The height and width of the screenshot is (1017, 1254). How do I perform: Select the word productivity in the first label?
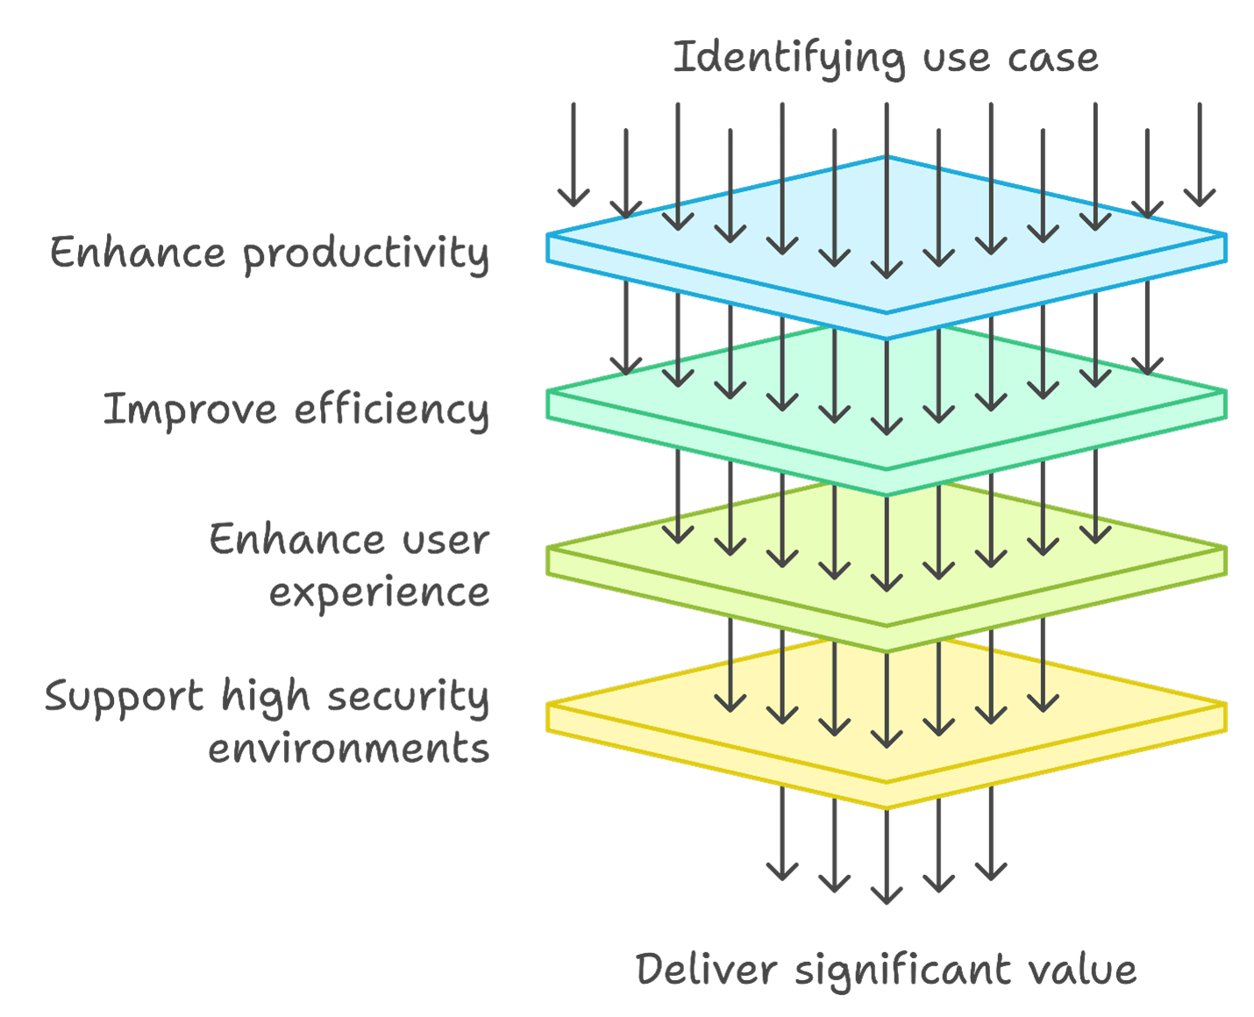(x=366, y=255)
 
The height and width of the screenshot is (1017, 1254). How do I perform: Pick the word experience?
(x=379, y=594)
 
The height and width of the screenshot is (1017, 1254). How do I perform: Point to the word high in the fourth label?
(x=266, y=699)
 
